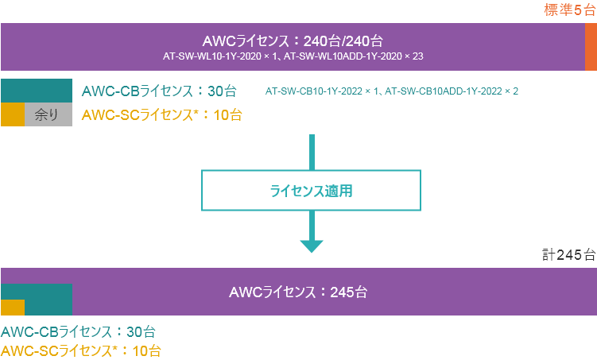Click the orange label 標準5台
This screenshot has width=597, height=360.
tap(569, 10)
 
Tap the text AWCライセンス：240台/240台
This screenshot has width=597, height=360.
tap(293, 41)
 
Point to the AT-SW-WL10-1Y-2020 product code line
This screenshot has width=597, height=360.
tap(293, 57)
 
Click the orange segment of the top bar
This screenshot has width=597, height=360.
tap(591, 47)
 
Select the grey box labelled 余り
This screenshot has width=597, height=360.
tap(48, 114)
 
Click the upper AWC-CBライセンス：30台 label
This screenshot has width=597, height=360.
tap(164, 91)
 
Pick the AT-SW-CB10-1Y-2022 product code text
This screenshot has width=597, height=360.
tap(392, 91)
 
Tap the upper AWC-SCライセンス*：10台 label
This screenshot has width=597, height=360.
tap(162, 114)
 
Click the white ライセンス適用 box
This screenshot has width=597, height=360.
tap(310, 191)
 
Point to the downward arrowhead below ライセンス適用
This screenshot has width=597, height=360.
tap(312, 244)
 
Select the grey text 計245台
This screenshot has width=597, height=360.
tap(568, 255)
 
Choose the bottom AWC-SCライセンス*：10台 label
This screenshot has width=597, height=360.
tap(82, 350)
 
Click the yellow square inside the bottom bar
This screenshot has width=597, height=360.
tap(13, 308)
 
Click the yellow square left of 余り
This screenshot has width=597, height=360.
tap(13, 114)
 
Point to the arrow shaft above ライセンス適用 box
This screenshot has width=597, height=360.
tap(312, 152)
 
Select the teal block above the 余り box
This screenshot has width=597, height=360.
tap(37, 91)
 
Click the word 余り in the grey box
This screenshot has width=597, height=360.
tap(48, 114)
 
